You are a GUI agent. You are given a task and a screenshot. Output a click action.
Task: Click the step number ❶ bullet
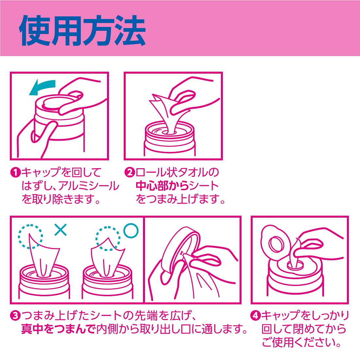[15, 172]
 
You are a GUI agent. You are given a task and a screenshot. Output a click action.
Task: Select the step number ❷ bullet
[130, 172]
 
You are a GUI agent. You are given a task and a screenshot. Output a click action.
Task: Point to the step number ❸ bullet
[15, 316]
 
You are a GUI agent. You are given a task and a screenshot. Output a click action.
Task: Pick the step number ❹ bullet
[255, 315]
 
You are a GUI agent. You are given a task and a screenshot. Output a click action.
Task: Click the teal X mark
[61, 230]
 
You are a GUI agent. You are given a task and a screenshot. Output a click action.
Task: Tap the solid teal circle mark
[131, 230]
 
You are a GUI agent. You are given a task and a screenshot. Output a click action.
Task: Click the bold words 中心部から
[162, 186]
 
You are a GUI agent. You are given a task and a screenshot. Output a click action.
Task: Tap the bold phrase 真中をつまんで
[58, 329]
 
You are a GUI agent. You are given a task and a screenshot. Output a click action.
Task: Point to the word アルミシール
[89, 186]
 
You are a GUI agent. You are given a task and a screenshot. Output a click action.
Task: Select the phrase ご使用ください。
[301, 342]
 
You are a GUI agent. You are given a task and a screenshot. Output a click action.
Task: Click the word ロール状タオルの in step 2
[177, 172]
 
